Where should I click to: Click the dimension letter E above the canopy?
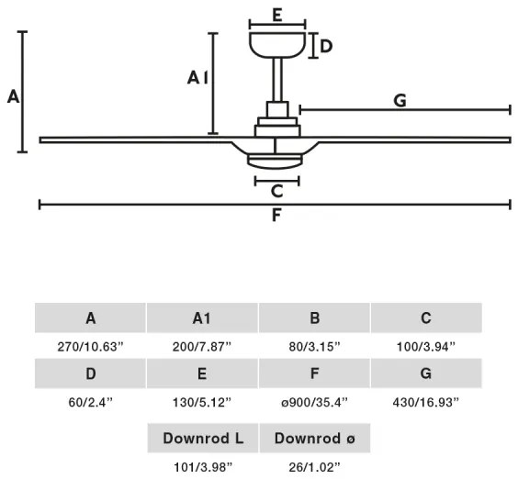pyautogui.click(x=277, y=15)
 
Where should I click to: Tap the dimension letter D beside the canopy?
pyautogui.click(x=326, y=46)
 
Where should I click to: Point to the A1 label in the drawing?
pyautogui.click(x=197, y=78)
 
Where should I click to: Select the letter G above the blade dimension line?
pyautogui.click(x=400, y=100)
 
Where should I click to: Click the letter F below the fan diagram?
pyautogui.click(x=276, y=215)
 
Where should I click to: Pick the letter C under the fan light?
pyautogui.click(x=276, y=191)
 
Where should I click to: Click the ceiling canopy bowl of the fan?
pyautogui.click(x=277, y=45)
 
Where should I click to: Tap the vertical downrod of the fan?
pyautogui.click(x=277, y=80)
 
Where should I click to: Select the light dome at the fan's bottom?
pyautogui.click(x=275, y=162)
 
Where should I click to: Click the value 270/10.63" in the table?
pyautogui.click(x=90, y=347)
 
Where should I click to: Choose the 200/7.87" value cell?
pyautogui.click(x=202, y=347)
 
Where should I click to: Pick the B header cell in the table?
pyautogui.click(x=314, y=317)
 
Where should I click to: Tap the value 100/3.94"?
pyautogui.click(x=426, y=347)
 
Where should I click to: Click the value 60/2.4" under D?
pyautogui.click(x=91, y=402)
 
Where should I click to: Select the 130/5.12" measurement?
pyautogui.click(x=202, y=402)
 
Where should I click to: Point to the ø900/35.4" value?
pyautogui.click(x=314, y=402)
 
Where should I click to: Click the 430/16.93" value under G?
pyautogui.click(x=426, y=402)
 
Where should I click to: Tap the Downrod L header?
pyautogui.click(x=202, y=438)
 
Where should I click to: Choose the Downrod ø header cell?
pyautogui.click(x=315, y=438)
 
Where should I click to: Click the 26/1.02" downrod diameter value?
pyautogui.click(x=314, y=467)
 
